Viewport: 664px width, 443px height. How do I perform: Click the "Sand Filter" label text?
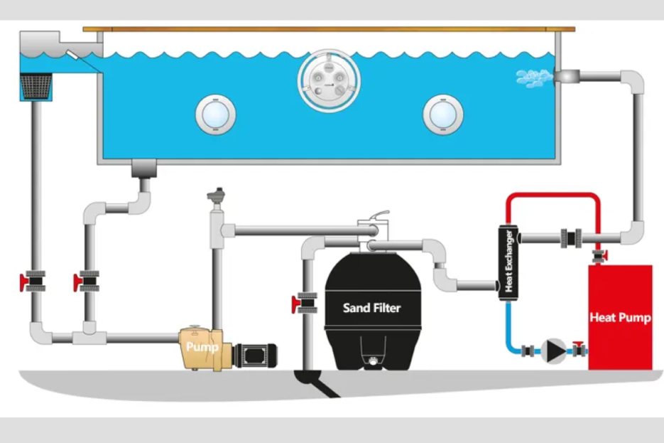(x=371, y=308)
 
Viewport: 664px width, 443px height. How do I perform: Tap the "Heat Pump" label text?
(x=620, y=317)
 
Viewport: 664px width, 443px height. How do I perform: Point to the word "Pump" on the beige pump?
(x=202, y=348)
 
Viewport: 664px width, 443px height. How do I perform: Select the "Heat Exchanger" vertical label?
(x=508, y=262)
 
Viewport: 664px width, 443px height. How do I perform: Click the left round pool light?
(x=216, y=114)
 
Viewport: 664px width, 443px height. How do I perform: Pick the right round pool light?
(x=443, y=114)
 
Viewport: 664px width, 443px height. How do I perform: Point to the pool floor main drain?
(x=143, y=169)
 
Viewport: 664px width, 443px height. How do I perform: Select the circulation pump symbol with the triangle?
(x=553, y=350)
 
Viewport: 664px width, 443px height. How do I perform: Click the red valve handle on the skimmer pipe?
(x=23, y=282)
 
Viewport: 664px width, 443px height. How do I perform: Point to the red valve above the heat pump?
(x=598, y=253)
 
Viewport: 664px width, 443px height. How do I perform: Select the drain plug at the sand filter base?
(x=372, y=363)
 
